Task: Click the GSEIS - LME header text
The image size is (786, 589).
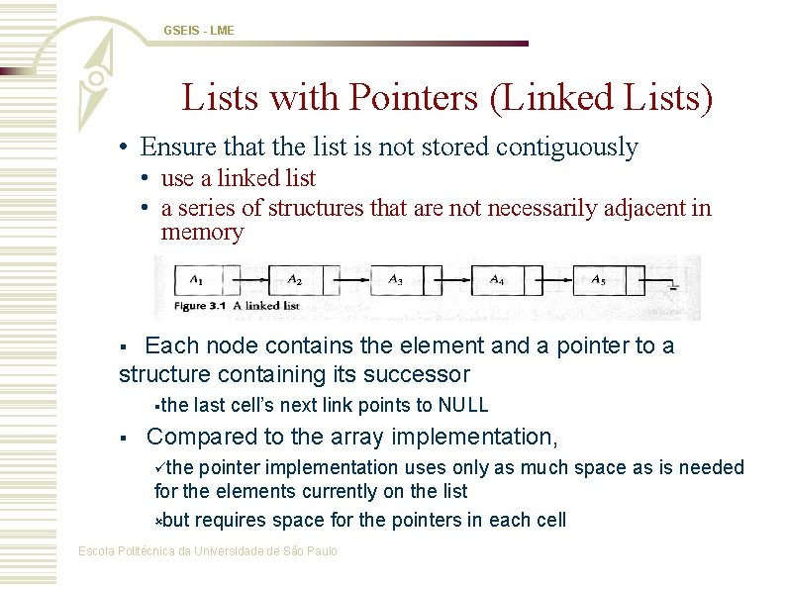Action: coord(199,31)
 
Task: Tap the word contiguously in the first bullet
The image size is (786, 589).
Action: coord(567,147)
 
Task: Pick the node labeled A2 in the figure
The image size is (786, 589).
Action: coord(294,280)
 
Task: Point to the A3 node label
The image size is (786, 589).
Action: coord(395,280)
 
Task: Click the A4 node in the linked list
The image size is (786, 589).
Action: coord(497,280)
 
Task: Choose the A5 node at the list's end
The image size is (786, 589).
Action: coord(599,280)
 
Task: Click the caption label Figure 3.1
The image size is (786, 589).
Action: coord(204,306)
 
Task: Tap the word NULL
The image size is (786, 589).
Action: coord(463,405)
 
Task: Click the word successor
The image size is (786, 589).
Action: coord(422,374)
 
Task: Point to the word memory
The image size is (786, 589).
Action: coord(202,233)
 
